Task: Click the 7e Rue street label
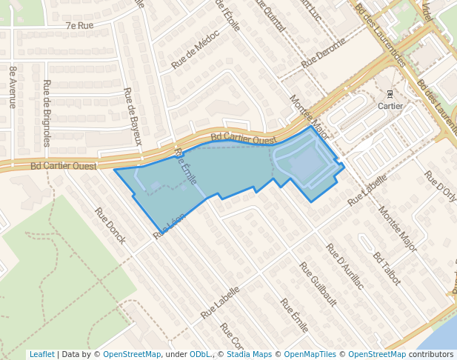(79, 25)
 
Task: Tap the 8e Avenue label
(13, 87)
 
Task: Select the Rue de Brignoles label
(47, 113)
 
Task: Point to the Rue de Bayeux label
(133, 116)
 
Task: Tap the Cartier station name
(390, 106)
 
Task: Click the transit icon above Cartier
(390, 93)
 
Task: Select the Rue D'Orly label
(440, 186)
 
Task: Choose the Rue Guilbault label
(318, 284)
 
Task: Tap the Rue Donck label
(110, 226)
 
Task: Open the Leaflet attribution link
(41, 354)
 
